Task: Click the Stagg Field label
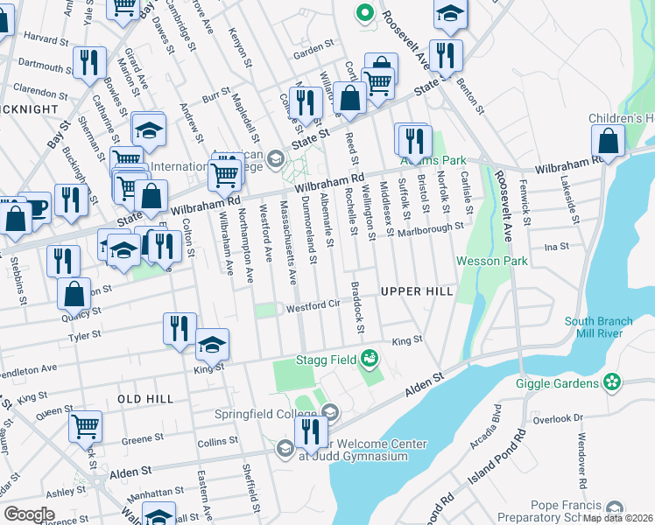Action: click(325, 359)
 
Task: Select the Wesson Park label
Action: click(491, 261)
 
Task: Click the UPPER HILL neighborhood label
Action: click(416, 290)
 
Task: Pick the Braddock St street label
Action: click(357, 308)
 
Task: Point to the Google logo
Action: click(29, 514)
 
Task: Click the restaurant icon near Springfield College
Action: click(309, 430)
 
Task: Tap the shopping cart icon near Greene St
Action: click(85, 426)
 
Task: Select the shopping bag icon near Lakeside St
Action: click(608, 140)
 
